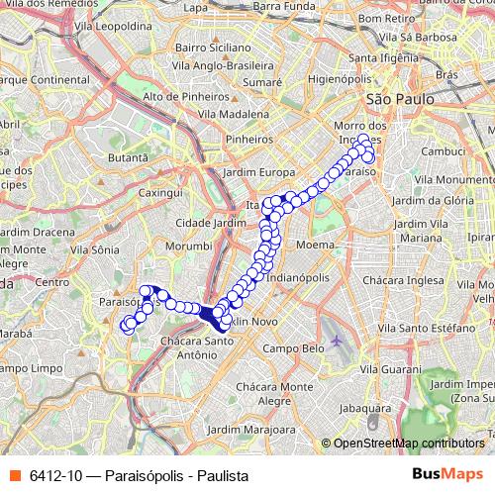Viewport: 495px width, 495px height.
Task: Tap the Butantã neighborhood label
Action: tap(128, 157)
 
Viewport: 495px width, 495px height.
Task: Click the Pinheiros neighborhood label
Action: tap(248, 140)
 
